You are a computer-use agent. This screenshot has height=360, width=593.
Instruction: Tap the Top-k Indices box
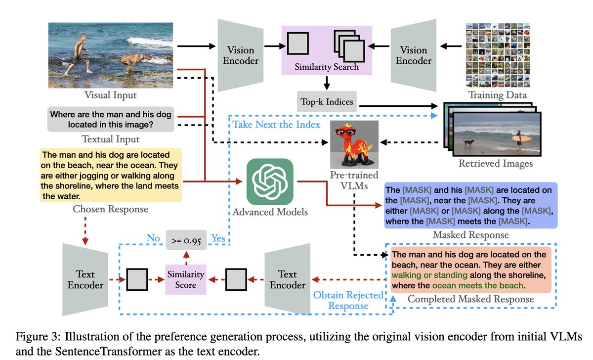[x=327, y=102]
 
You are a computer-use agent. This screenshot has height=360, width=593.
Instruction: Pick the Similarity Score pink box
[x=186, y=280]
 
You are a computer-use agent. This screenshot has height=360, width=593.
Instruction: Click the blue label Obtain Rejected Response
[x=349, y=301]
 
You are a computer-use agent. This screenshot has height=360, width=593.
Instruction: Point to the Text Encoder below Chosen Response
[x=86, y=279]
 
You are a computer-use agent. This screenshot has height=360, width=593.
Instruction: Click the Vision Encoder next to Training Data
[x=414, y=55]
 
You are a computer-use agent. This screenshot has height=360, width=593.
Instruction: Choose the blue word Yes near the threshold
[x=218, y=238]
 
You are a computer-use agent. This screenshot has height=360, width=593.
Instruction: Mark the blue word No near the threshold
[x=154, y=238]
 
